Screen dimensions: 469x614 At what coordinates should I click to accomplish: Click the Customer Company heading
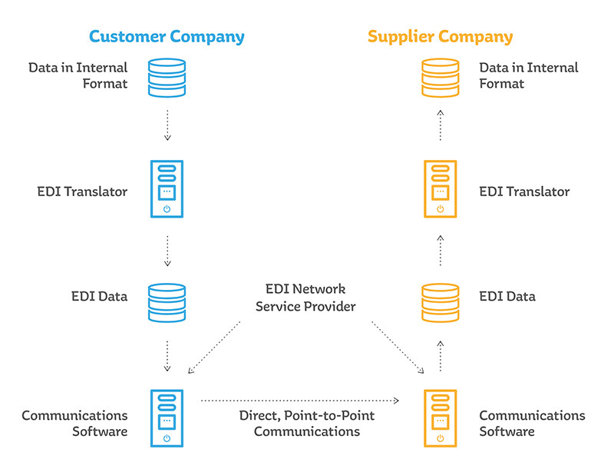pyautogui.click(x=167, y=36)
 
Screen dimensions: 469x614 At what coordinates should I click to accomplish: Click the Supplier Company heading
pyautogui.click(x=440, y=36)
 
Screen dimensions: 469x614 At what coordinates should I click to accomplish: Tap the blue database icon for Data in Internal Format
pyautogui.click(x=167, y=75)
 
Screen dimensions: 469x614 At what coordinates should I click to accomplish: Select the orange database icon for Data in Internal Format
pyautogui.click(x=440, y=75)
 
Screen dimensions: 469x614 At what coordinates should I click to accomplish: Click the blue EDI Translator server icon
pyautogui.click(x=167, y=189)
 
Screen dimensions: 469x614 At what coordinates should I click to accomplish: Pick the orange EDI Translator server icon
pyautogui.click(x=440, y=189)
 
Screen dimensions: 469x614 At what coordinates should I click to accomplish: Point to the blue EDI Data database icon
pyautogui.click(x=167, y=301)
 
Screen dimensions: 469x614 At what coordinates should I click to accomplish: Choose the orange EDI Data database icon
pyautogui.click(x=440, y=301)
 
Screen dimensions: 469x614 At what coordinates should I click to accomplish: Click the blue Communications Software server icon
pyautogui.click(x=167, y=417)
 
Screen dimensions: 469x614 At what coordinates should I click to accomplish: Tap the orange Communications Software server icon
pyautogui.click(x=440, y=417)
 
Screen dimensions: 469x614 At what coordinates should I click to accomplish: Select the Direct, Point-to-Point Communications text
pyautogui.click(x=306, y=424)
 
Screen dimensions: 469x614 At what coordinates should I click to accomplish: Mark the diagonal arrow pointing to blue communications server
pyautogui.click(x=214, y=347)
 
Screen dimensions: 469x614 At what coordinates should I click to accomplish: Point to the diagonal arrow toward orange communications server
pyautogui.click(x=398, y=347)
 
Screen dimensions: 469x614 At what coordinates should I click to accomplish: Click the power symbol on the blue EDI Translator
pyautogui.click(x=167, y=208)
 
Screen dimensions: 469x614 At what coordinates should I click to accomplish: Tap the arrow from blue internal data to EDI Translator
pyautogui.click(x=167, y=125)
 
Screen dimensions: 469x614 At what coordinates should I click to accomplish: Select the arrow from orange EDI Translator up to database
pyautogui.click(x=440, y=125)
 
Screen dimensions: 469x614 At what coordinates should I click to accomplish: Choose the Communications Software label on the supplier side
pyautogui.click(x=531, y=424)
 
